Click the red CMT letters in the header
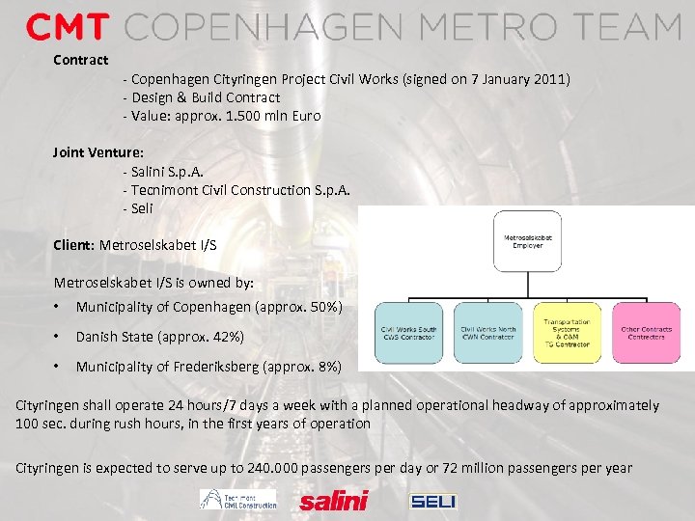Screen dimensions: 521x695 pyautogui.click(x=67, y=27)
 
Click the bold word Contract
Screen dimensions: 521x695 pyautogui.click(x=80, y=60)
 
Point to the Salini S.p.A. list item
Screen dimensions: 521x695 pyautogui.click(x=160, y=171)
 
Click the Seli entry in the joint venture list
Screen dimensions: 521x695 pyautogui.click(x=139, y=208)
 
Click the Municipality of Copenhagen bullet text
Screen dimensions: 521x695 pyautogui.click(x=208, y=307)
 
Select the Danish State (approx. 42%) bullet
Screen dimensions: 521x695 pyautogui.click(x=159, y=337)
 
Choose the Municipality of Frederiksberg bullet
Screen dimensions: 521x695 pyautogui.click(x=208, y=367)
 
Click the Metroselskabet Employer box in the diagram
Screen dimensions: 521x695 pyautogui.click(x=523, y=239)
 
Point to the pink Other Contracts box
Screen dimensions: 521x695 pyautogui.click(x=646, y=333)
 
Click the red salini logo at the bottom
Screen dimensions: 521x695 pyautogui.click(x=334, y=501)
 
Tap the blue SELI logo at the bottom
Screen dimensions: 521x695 pyautogui.click(x=433, y=501)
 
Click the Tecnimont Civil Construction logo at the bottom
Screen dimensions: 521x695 pyautogui.click(x=238, y=499)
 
